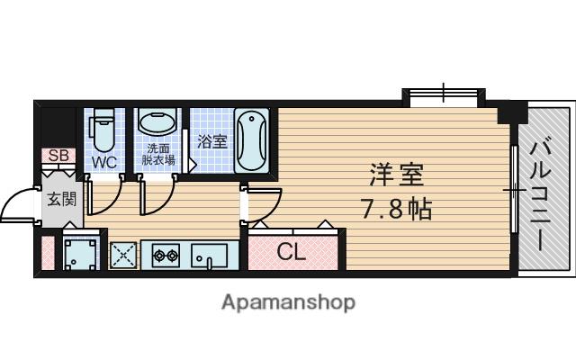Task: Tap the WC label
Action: (104, 162)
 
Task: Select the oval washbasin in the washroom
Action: (157, 124)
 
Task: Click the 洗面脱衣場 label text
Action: (158, 155)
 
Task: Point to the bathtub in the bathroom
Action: (252, 140)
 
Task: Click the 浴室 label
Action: (212, 141)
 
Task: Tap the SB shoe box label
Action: (58, 156)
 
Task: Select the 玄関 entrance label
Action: (62, 200)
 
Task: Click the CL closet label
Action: (292, 252)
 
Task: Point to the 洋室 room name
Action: (397, 176)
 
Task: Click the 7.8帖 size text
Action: (397, 209)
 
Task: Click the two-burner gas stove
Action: (166, 255)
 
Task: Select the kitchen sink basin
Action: (209, 256)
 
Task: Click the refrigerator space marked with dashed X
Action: (123, 255)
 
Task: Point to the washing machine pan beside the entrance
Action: (80, 254)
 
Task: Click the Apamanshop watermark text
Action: (288, 303)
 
